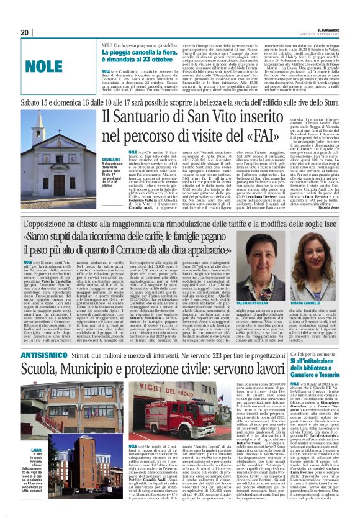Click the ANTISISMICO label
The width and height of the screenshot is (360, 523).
[43, 353]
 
